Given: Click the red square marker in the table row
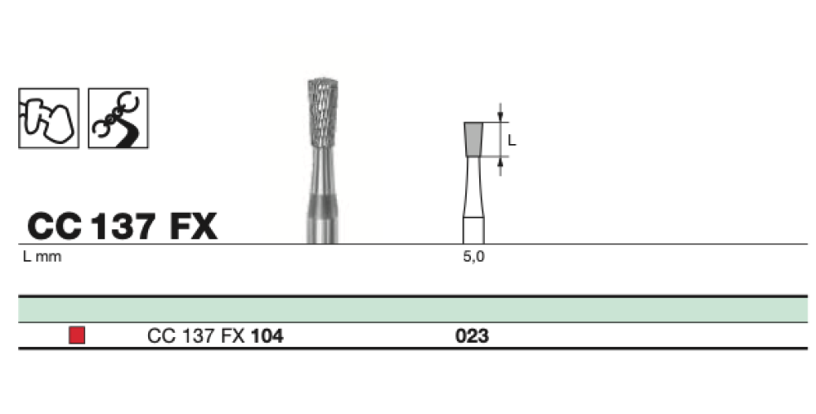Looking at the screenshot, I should (77, 335).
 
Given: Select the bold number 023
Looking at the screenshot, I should (472, 336).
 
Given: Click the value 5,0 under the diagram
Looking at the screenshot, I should (473, 258).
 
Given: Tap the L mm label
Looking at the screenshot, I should (42, 258).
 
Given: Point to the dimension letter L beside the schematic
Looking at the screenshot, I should (511, 141).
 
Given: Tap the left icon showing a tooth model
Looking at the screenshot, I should (48, 118).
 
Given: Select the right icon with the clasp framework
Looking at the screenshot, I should (118, 118).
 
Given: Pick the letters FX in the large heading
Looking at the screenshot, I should (192, 226).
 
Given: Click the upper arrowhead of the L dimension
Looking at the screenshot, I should (500, 118).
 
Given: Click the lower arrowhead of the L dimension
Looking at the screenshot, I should (500, 161).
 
